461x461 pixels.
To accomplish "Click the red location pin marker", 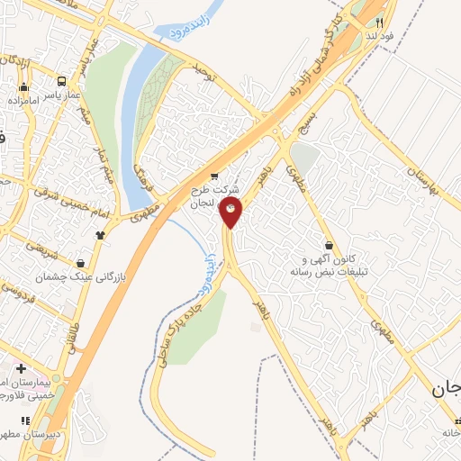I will click(x=230, y=212).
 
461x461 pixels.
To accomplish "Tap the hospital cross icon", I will click(x=21, y=369).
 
